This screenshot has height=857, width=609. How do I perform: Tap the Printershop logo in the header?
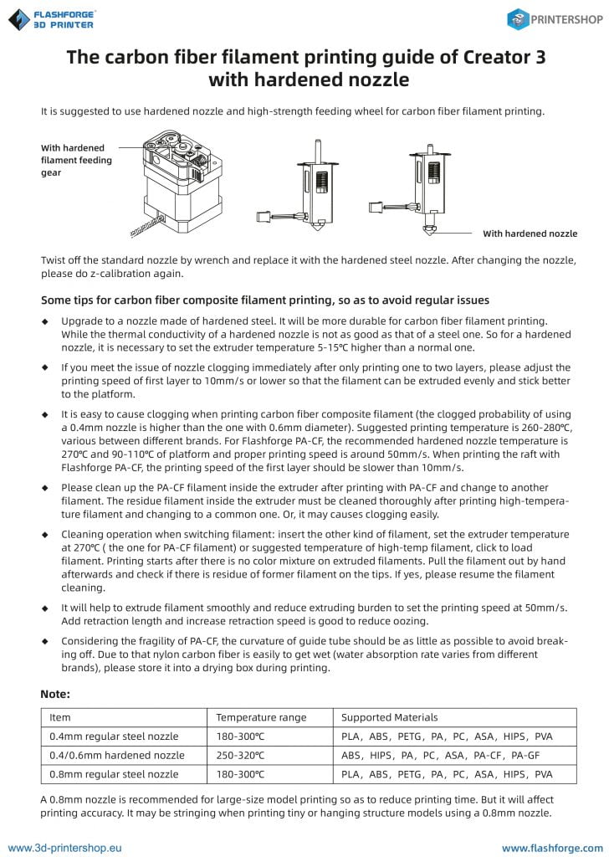(555, 20)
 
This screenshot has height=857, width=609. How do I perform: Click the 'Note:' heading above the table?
(55, 694)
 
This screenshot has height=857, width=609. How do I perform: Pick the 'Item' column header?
(60, 717)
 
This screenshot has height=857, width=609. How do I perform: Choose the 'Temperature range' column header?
(261, 717)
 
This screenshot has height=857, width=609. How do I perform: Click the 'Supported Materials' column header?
(390, 717)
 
